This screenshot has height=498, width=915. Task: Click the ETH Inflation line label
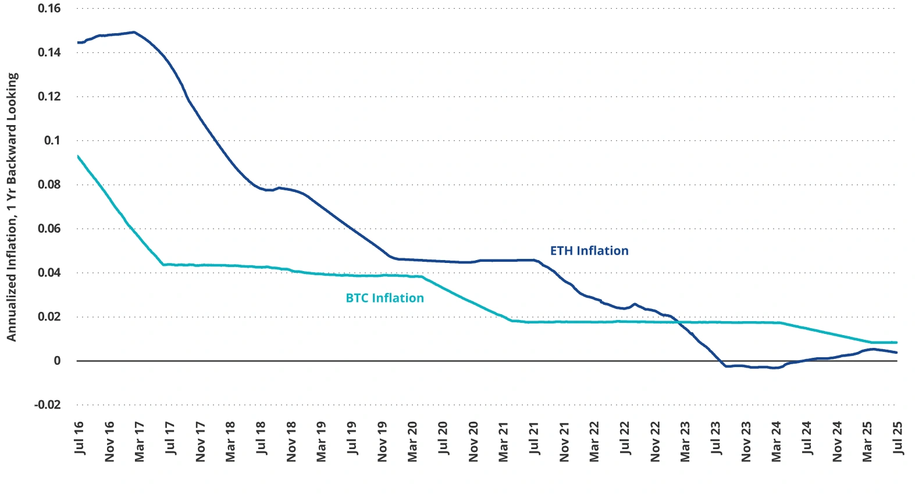coord(589,251)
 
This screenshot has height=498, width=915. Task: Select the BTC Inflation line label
coord(384,298)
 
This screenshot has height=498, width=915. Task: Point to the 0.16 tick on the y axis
coord(49,9)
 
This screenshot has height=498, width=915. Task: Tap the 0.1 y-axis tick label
coord(52,140)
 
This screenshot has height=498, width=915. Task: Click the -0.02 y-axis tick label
coord(47,405)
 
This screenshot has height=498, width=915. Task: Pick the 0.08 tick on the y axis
coord(49,184)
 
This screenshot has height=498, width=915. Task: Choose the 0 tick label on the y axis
coord(57,361)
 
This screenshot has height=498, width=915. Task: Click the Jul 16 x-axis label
coord(80,438)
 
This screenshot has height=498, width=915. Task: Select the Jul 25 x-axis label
coord(898,438)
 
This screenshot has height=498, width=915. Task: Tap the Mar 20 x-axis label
coord(412,442)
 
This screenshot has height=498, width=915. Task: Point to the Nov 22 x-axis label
coord(655,442)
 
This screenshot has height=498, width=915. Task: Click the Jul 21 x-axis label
coord(534,438)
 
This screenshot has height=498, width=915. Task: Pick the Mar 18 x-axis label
coord(231,442)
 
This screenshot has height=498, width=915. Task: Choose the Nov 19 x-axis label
coord(382,442)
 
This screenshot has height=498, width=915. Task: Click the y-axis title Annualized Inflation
coord(12,207)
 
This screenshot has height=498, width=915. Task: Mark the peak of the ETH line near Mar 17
coord(134,32)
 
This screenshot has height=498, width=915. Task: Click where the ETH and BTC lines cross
coord(679,322)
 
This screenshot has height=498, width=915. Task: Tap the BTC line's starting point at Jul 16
coord(78,156)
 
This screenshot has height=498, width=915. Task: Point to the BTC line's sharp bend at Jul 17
coord(164,265)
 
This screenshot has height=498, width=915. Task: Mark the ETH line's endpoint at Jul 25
coord(896,353)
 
